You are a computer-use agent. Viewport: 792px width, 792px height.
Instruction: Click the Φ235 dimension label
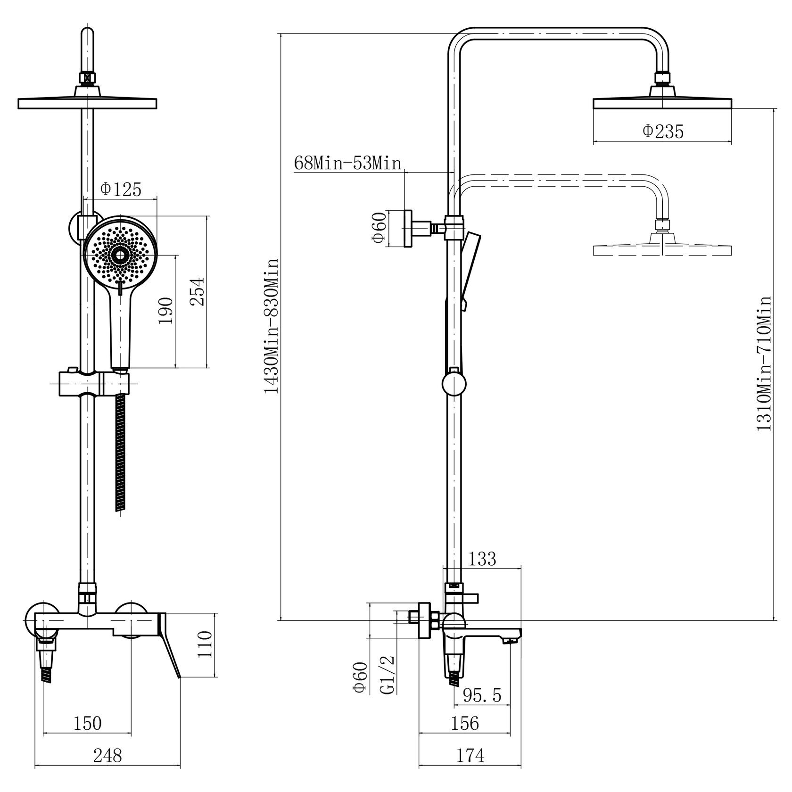(x=663, y=132)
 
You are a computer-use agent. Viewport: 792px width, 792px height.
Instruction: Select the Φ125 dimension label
(x=121, y=190)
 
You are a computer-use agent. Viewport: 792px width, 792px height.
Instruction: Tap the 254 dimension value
(x=199, y=291)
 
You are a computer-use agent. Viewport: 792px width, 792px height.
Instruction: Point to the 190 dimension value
(x=166, y=310)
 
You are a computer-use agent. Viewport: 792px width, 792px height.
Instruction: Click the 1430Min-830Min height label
(x=272, y=325)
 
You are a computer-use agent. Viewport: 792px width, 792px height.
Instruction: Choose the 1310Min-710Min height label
(x=764, y=363)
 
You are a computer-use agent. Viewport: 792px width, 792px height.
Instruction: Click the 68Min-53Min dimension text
(x=347, y=163)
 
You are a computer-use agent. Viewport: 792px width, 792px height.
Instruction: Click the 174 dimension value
(x=470, y=756)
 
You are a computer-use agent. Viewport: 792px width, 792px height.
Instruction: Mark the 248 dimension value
(x=107, y=756)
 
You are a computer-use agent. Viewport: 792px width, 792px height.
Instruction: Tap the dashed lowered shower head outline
(x=662, y=249)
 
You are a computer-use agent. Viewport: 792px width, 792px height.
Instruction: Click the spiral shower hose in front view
(x=121, y=453)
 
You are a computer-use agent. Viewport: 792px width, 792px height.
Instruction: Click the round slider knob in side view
(x=454, y=383)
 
